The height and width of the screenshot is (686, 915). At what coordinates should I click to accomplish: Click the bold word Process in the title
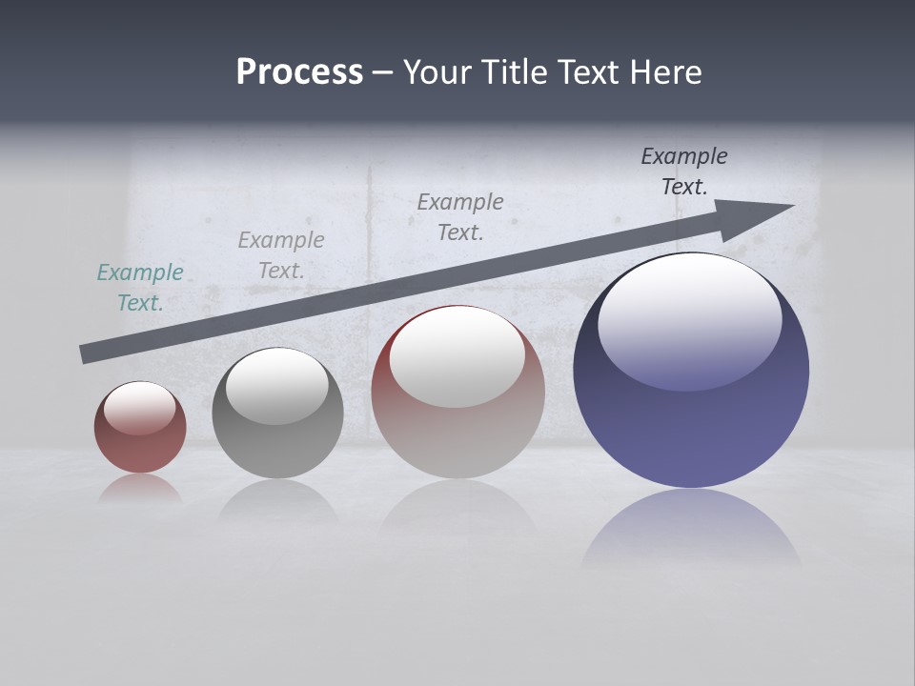click(299, 72)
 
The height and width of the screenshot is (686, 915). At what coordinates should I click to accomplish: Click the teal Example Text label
click(139, 288)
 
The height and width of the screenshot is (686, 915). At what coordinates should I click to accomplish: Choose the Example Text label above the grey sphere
click(280, 255)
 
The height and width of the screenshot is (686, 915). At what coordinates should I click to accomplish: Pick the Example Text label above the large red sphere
click(460, 217)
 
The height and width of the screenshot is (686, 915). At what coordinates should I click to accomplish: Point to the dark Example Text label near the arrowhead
click(684, 171)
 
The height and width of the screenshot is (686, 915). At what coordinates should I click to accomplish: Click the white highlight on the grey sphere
click(277, 386)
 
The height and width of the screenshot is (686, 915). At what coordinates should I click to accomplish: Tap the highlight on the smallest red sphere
click(140, 408)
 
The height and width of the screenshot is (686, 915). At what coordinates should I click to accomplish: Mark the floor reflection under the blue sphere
click(691, 529)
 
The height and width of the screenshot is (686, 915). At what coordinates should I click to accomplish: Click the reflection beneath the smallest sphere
click(140, 490)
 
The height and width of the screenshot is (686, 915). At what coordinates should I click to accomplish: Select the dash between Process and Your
click(383, 72)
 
